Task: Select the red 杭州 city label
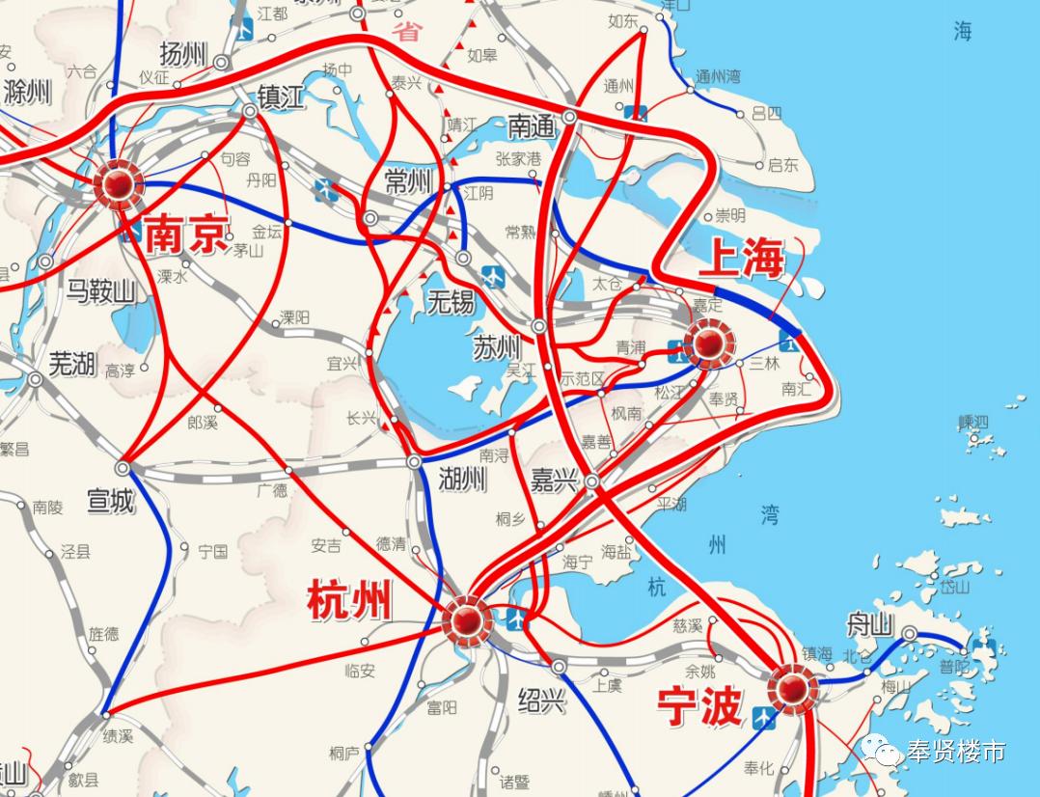point(348,600)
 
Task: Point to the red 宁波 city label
point(698,706)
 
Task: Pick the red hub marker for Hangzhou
point(467,618)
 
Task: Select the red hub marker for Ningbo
point(792,689)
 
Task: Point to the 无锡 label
point(451,303)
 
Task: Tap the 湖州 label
point(462,478)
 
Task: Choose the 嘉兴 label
point(554,481)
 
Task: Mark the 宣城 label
point(110,501)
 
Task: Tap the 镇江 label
point(280,96)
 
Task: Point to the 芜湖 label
point(72,364)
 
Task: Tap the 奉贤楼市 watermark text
point(955,751)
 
